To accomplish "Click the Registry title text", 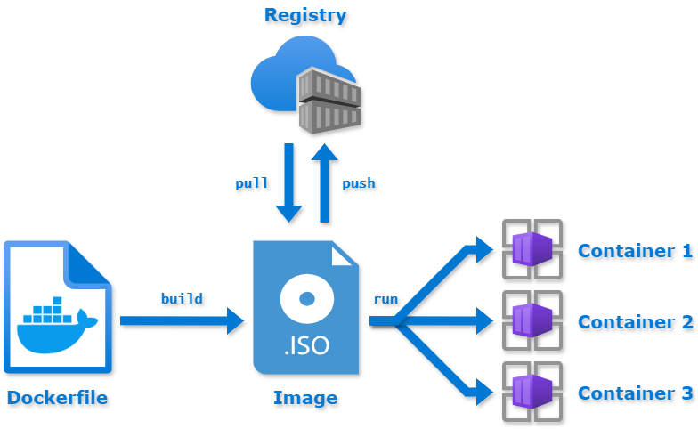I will click(x=305, y=15).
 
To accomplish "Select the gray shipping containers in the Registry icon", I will click(x=329, y=100).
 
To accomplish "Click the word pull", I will click(x=251, y=183).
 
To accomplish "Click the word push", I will click(x=359, y=183).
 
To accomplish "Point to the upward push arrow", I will click(x=324, y=182).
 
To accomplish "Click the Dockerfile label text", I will click(x=57, y=398).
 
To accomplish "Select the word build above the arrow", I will click(x=181, y=298).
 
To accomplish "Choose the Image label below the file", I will click(x=305, y=398).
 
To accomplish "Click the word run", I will click(x=385, y=299).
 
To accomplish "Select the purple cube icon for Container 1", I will click(x=532, y=248).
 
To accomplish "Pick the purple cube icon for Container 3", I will click(x=532, y=391).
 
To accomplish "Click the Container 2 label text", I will click(x=635, y=322).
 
